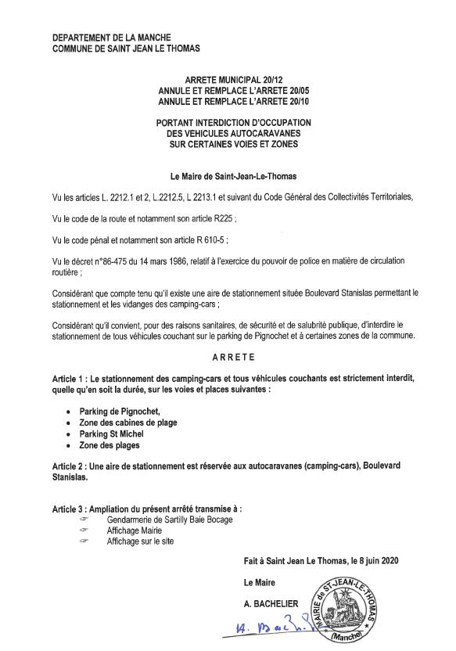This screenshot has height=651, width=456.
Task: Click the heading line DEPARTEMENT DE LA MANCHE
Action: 112,38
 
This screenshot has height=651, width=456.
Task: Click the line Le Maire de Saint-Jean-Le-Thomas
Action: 228,177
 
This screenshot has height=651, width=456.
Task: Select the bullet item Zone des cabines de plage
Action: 127,423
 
